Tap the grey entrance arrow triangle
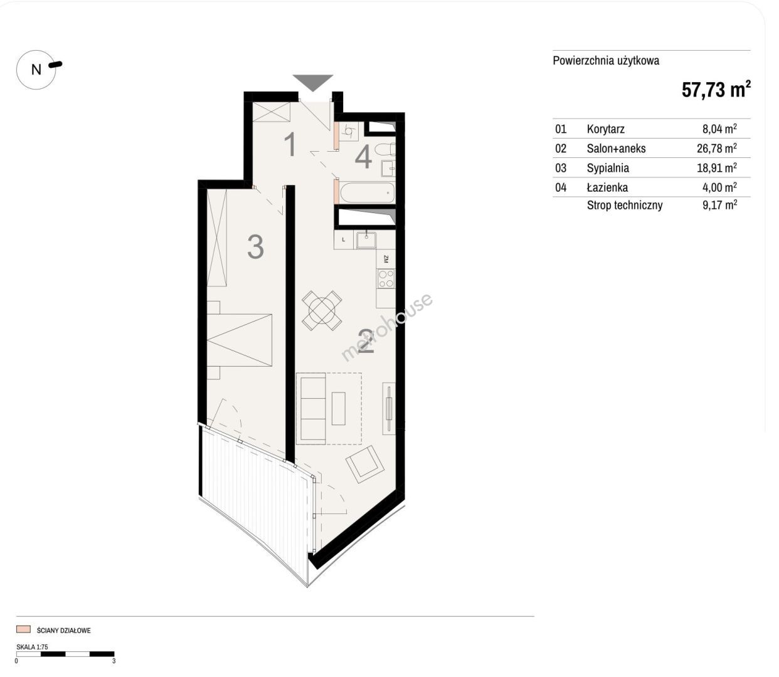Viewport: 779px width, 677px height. point(312,81)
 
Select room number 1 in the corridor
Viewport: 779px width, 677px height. point(290,144)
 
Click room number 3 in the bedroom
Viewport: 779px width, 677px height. point(255,247)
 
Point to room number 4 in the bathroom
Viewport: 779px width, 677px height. point(363,157)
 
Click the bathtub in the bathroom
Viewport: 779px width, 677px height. point(367,192)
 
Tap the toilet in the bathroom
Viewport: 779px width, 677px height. point(385,150)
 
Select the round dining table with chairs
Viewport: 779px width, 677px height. point(322,310)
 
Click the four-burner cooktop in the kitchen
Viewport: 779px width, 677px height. point(385,279)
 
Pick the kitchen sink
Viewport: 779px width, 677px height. point(366,240)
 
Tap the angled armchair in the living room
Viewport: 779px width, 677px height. point(364,464)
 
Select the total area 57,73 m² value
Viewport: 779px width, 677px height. point(716,90)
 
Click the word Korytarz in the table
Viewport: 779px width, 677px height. point(605,129)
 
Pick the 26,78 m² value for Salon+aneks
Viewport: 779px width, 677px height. point(716,148)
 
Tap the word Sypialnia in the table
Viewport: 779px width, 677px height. point(608,168)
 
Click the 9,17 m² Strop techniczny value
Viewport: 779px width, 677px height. point(719,205)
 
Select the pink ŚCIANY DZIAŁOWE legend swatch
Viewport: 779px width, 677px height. point(23,629)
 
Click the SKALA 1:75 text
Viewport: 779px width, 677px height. point(32,646)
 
